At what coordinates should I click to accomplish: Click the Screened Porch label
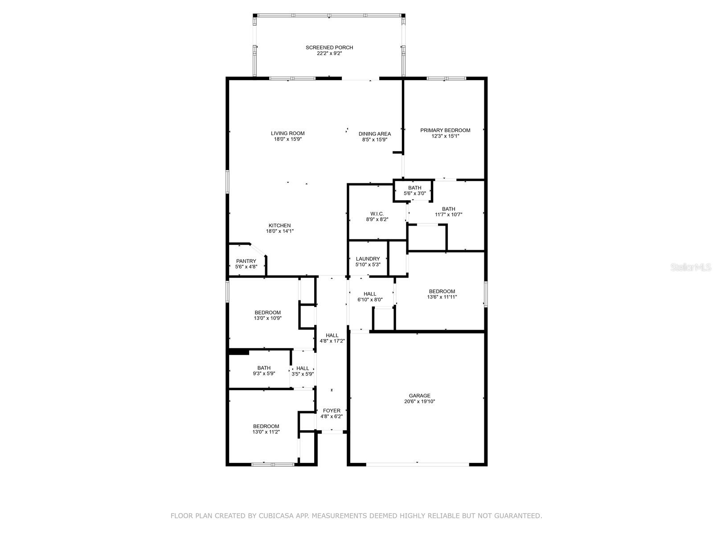pyautogui.click(x=329, y=47)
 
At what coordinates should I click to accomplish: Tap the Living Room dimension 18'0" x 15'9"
pyautogui.click(x=288, y=139)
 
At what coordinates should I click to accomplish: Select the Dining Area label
pyautogui.click(x=374, y=133)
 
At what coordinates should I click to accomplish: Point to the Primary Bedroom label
pyautogui.click(x=445, y=130)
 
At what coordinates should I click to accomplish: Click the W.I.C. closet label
pyautogui.click(x=377, y=214)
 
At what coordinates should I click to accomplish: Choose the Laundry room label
pyautogui.click(x=368, y=259)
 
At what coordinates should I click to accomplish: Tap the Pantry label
pyautogui.click(x=246, y=261)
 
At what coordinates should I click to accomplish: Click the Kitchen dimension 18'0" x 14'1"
pyautogui.click(x=280, y=231)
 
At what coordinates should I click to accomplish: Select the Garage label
pyautogui.click(x=419, y=396)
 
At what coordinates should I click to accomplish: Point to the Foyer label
pyautogui.click(x=332, y=410)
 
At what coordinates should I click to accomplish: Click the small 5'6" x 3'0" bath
pyautogui.click(x=414, y=190)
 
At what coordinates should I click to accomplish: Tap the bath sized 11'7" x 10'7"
pyautogui.click(x=448, y=211)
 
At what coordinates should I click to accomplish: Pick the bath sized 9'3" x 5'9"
pyautogui.click(x=264, y=370)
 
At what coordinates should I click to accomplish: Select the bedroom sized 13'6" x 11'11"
pyautogui.click(x=442, y=294)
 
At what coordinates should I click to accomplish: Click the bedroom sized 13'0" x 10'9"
pyautogui.click(x=268, y=315)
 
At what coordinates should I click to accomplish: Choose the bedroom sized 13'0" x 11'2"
pyautogui.click(x=266, y=429)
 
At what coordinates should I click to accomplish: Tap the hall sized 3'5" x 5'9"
pyautogui.click(x=303, y=371)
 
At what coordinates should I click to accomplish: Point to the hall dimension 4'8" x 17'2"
pyautogui.click(x=332, y=341)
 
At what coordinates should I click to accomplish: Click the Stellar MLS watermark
pyautogui.click(x=690, y=267)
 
